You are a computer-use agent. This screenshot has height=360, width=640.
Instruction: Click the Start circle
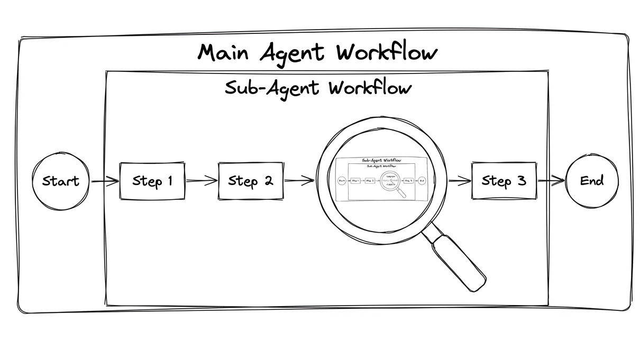(x=60, y=181)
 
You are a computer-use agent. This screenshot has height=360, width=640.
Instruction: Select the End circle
(x=592, y=181)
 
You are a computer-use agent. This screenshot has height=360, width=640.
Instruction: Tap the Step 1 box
(x=152, y=181)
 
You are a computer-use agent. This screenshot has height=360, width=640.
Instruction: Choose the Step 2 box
(x=250, y=181)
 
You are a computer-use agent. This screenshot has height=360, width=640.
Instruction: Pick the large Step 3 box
(x=504, y=181)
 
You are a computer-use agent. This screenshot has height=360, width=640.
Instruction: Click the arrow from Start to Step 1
(x=105, y=182)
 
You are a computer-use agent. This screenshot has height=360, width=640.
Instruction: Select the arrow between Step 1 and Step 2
(x=202, y=181)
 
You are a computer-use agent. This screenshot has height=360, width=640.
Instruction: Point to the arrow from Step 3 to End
(x=551, y=181)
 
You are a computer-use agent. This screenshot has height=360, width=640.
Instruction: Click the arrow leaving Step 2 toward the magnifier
(x=299, y=181)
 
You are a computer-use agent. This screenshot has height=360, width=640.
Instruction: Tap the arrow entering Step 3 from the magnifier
(x=459, y=181)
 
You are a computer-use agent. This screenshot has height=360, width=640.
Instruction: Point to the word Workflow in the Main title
(x=387, y=53)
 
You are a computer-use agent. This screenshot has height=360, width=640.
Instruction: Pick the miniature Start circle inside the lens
(x=341, y=181)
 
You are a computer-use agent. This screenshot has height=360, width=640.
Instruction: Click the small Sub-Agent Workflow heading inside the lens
(x=381, y=160)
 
